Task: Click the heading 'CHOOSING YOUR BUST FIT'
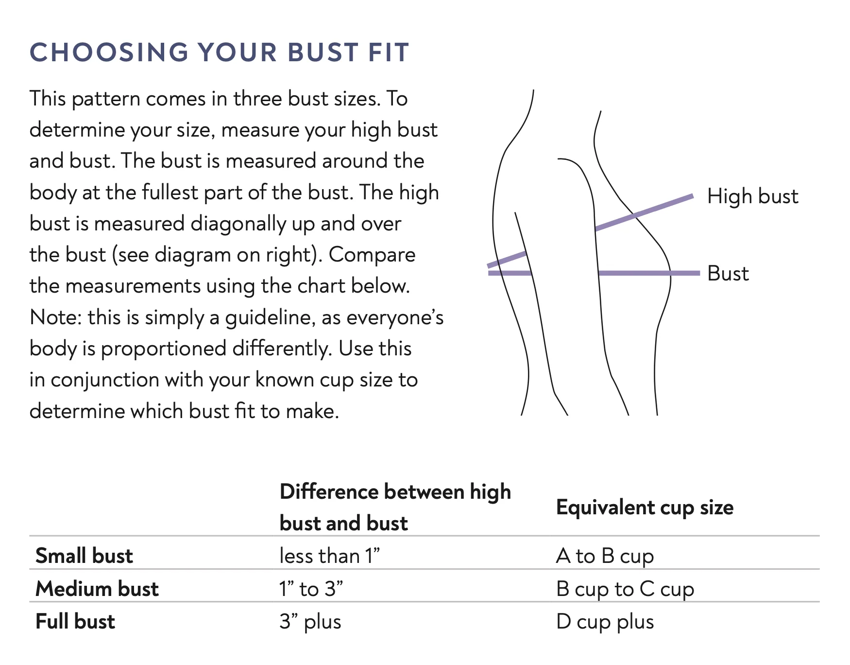(x=220, y=52)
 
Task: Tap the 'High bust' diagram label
(x=752, y=196)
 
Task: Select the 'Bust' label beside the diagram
(x=728, y=273)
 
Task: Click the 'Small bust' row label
(x=84, y=556)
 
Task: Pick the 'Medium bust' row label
(x=97, y=589)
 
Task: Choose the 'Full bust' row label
(x=75, y=621)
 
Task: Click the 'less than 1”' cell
(x=329, y=556)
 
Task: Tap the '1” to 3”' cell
(x=311, y=589)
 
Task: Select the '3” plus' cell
(x=310, y=622)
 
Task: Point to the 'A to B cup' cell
(x=605, y=556)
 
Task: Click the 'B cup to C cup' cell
(x=625, y=589)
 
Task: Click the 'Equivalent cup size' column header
(x=645, y=507)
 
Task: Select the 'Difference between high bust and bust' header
(x=395, y=507)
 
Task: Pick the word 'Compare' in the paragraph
(x=372, y=255)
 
